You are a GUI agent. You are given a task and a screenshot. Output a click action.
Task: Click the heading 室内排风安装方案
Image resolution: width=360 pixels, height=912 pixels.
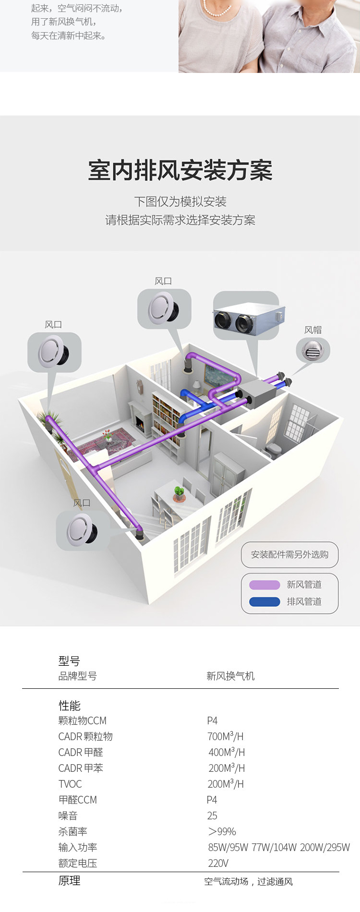point(180,171)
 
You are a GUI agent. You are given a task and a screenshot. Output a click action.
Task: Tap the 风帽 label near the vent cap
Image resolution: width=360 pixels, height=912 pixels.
point(313,330)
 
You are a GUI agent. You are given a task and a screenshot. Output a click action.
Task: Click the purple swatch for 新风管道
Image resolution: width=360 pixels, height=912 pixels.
point(264,585)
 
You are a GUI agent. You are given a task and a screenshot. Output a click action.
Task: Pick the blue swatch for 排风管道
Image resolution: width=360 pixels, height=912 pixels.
point(264,601)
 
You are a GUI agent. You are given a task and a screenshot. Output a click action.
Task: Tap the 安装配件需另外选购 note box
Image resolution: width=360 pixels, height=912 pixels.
point(289,554)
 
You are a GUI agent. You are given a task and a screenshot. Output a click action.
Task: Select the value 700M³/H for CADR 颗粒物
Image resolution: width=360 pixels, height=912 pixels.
point(225,736)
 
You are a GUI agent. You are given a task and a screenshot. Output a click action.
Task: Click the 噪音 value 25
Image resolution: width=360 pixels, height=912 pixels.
point(212,816)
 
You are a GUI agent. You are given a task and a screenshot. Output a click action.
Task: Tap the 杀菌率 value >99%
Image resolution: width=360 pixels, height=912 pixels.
point(222,831)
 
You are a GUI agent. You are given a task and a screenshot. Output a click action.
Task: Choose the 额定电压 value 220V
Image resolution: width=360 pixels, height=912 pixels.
point(218,863)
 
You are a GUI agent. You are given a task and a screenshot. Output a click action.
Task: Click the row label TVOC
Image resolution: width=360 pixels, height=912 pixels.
point(70,784)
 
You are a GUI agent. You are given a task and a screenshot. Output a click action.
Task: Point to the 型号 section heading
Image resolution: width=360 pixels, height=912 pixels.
point(69,661)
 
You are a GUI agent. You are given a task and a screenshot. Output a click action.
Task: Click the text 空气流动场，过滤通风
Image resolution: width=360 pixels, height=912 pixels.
point(248,881)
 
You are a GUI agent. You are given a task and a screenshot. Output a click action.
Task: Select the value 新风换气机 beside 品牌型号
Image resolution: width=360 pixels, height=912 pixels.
point(230,676)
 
